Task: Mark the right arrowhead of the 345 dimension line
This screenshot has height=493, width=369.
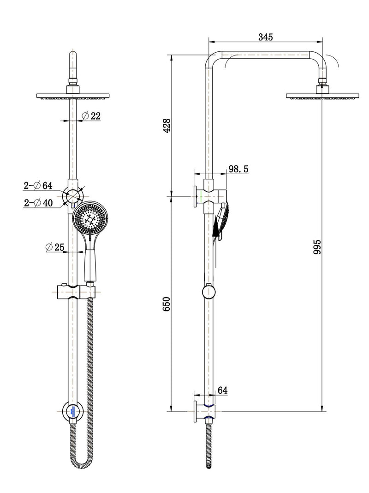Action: [x=320, y=41]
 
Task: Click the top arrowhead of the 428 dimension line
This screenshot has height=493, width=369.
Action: [x=171, y=58]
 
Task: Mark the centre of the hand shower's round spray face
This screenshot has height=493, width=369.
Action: [x=90, y=219]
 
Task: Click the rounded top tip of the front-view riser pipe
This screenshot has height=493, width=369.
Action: [x=73, y=52]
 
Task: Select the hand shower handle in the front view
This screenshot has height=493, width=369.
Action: [x=90, y=258]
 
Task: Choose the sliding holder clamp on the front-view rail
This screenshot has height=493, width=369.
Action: [x=76, y=292]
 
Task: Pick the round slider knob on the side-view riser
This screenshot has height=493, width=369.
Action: [x=208, y=292]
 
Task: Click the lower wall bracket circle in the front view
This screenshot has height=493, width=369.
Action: [x=73, y=411]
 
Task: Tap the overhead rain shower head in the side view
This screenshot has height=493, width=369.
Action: [x=322, y=96]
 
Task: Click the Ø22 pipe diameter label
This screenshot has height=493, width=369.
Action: [x=91, y=116]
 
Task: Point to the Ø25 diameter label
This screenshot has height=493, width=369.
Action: [x=55, y=247]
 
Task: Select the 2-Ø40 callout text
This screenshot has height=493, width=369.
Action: [x=38, y=203]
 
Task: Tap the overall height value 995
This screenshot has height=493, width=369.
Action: [x=317, y=247]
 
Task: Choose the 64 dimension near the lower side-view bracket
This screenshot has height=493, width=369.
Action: [x=222, y=390]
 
